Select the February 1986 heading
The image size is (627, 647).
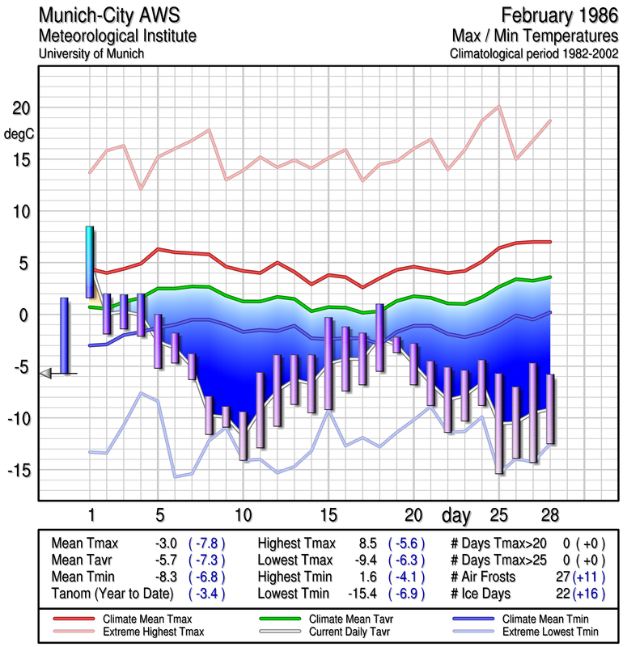click(x=558, y=15)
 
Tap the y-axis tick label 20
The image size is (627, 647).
click(x=21, y=108)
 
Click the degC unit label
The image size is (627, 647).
click(x=18, y=134)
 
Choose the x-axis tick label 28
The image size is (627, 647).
click(x=550, y=514)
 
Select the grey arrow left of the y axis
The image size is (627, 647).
click(x=46, y=373)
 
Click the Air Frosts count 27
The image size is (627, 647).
click(x=558, y=577)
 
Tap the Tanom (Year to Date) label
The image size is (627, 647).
click(x=112, y=593)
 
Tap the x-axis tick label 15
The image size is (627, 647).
click(x=328, y=514)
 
